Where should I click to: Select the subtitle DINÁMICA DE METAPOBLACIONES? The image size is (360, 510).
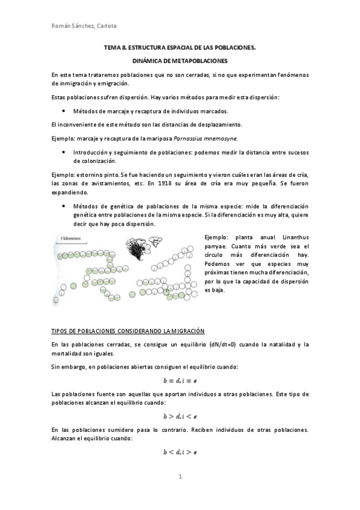(180, 61)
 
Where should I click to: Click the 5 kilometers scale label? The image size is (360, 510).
(73, 238)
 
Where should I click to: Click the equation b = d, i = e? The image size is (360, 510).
(180, 380)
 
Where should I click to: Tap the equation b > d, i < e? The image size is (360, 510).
(180, 416)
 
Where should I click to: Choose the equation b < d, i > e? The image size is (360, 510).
(180, 451)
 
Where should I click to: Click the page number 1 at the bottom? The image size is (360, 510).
(180, 477)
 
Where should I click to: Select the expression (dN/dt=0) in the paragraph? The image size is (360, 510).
(222, 345)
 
